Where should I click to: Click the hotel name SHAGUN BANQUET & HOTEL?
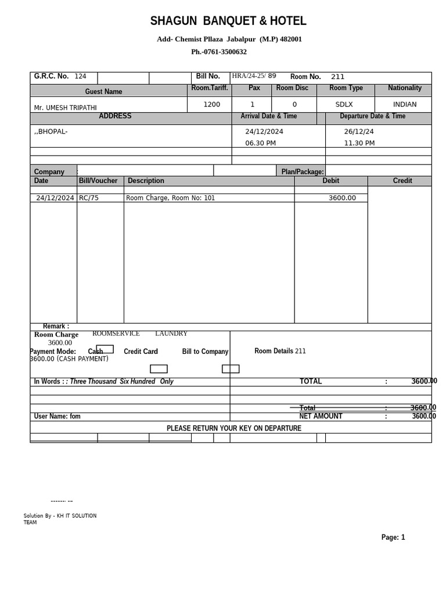(228, 21)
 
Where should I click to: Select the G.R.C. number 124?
(80, 77)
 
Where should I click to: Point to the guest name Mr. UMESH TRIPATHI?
(65, 107)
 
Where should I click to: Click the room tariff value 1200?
(211, 105)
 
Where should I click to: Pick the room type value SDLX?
(344, 105)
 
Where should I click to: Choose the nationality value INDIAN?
(405, 105)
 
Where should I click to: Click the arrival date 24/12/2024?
(264, 132)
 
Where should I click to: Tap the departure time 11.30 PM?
(359, 143)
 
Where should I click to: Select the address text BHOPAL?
(52, 131)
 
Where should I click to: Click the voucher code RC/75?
(89, 198)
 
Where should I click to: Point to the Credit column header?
(402, 181)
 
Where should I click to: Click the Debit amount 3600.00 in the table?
(342, 198)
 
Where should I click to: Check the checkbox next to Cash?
(105, 349)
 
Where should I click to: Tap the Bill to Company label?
(205, 352)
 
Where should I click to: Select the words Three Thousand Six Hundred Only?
(121, 382)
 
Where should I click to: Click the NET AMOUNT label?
(321, 416)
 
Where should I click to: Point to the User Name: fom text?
(57, 417)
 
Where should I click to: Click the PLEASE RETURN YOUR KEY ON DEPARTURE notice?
(233, 428)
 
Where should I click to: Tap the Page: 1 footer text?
(393, 537)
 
